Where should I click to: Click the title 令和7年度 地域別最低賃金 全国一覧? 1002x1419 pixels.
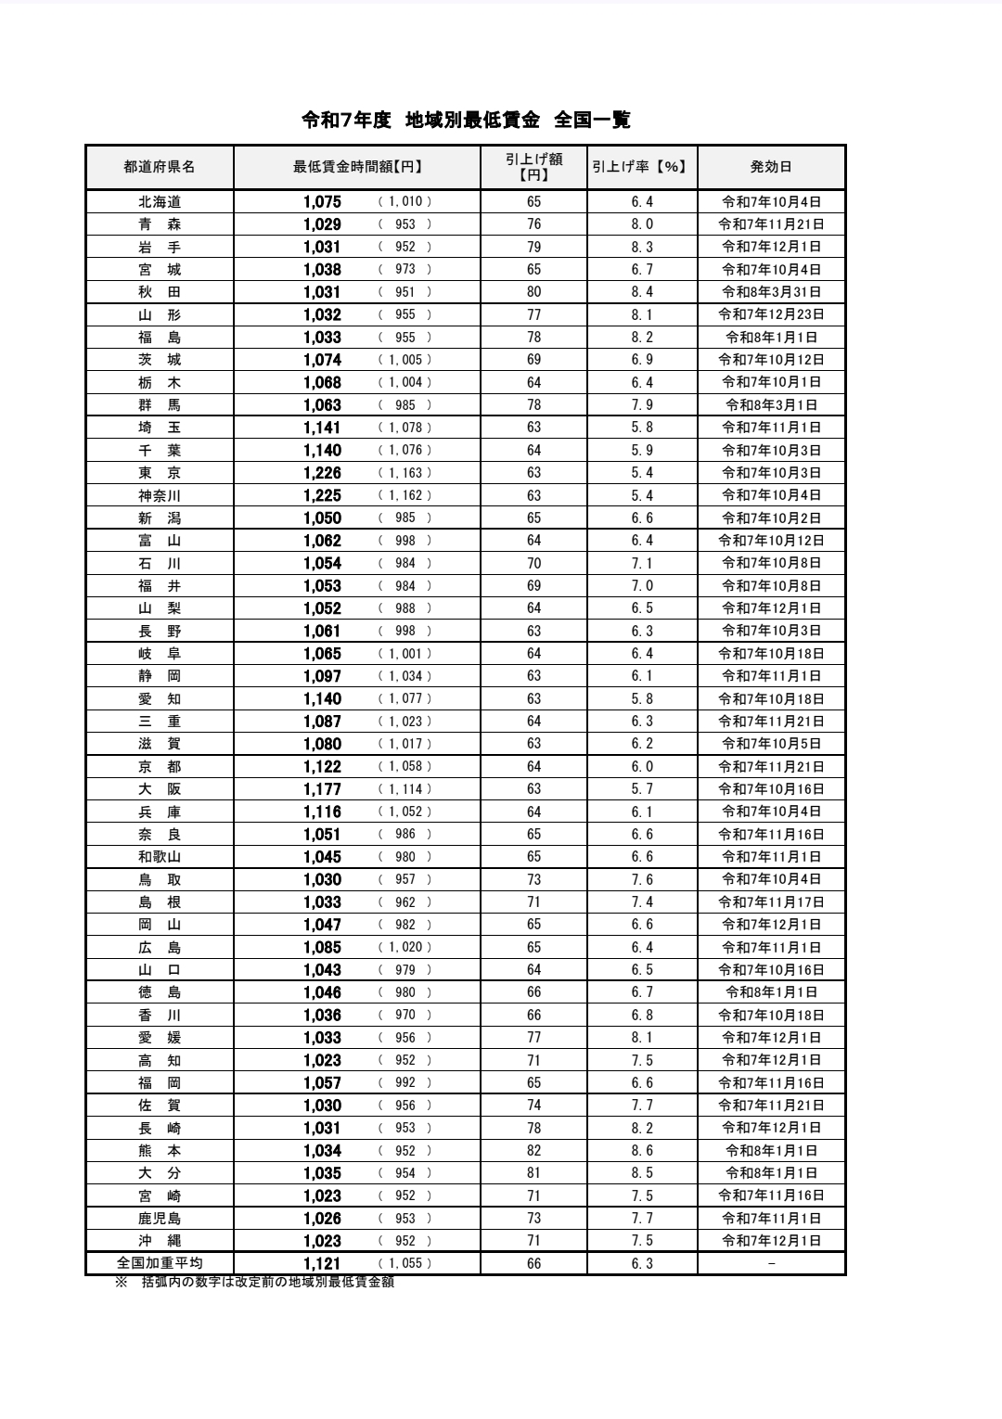pyautogui.click(x=466, y=120)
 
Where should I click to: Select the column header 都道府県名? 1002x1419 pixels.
pyautogui.click(x=160, y=168)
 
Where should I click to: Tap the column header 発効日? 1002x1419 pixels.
pyautogui.click(x=771, y=168)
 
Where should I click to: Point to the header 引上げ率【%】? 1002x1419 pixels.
pyautogui.click(x=641, y=168)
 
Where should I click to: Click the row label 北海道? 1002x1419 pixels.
pyautogui.click(x=160, y=202)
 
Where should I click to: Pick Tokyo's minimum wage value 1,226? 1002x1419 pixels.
pyautogui.click(x=322, y=473)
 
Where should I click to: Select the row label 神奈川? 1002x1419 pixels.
pyautogui.click(x=160, y=495)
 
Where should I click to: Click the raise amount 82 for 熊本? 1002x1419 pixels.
pyautogui.click(x=533, y=1151)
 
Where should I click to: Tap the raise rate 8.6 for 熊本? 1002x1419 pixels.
pyautogui.click(x=642, y=1151)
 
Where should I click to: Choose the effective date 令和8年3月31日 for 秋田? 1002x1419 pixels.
pyautogui.click(x=771, y=292)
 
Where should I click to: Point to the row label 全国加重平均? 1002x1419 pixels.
pyautogui.click(x=160, y=1263)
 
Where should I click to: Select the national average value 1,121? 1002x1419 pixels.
pyautogui.click(x=322, y=1263)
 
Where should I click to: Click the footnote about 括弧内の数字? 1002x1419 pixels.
pyautogui.click(x=255, y=1282)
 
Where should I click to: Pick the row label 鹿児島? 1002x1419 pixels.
pyautogui.click(x=160, y=1219)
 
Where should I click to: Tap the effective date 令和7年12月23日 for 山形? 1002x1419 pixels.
pyautogui.click(x=771, y=314)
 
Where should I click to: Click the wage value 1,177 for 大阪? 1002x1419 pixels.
pyautogui.click(x=322, y=789)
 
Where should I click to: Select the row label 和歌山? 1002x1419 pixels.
pyautogui.click(x=160, y=857)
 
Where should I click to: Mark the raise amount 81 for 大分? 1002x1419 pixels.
pyautogui.click(x=533, y=1173)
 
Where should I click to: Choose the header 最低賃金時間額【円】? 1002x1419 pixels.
pyautogui.click(x=357, y=168)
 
